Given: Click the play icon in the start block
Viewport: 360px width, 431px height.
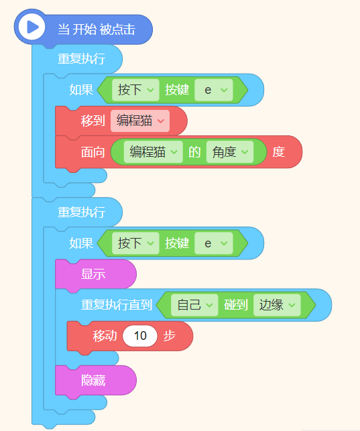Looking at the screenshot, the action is coord(32,27).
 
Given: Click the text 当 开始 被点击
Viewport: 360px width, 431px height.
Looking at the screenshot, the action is coord(97,29).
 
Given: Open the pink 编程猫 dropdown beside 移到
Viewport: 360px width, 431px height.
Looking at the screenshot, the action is coord(140,121).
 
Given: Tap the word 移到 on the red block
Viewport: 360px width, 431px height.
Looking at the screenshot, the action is coord(93,121).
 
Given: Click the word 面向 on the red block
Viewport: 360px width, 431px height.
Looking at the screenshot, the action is coord(93,152).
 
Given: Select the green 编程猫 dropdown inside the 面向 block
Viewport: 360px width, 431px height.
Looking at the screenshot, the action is coord(154,152).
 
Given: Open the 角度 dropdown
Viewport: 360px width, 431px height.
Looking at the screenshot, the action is coord(230,152).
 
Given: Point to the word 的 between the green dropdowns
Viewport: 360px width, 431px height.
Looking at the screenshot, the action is coord(194,152).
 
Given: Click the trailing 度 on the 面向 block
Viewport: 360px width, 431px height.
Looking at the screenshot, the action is coord(279,152).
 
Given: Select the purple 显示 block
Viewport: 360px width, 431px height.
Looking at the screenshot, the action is coord(96,274).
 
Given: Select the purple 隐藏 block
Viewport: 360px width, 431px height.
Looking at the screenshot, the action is coord(96,381).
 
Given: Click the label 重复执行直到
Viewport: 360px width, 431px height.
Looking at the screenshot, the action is coord(117,305).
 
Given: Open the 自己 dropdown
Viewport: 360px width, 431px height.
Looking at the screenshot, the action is coord(194,305).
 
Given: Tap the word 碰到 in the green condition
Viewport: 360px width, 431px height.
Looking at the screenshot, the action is coord(236,305).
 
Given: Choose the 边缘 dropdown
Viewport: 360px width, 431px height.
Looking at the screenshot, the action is coord(277,305).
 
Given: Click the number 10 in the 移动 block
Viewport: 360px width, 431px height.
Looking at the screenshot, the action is coord(140,336).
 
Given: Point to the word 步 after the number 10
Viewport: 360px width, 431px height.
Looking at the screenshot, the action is coord(170,336).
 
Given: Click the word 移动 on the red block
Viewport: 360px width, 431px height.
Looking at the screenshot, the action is coord(105,336).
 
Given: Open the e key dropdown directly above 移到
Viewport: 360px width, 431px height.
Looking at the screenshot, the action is coord(214,90).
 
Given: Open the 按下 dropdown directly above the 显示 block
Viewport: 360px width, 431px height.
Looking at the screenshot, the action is coord(135,243).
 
